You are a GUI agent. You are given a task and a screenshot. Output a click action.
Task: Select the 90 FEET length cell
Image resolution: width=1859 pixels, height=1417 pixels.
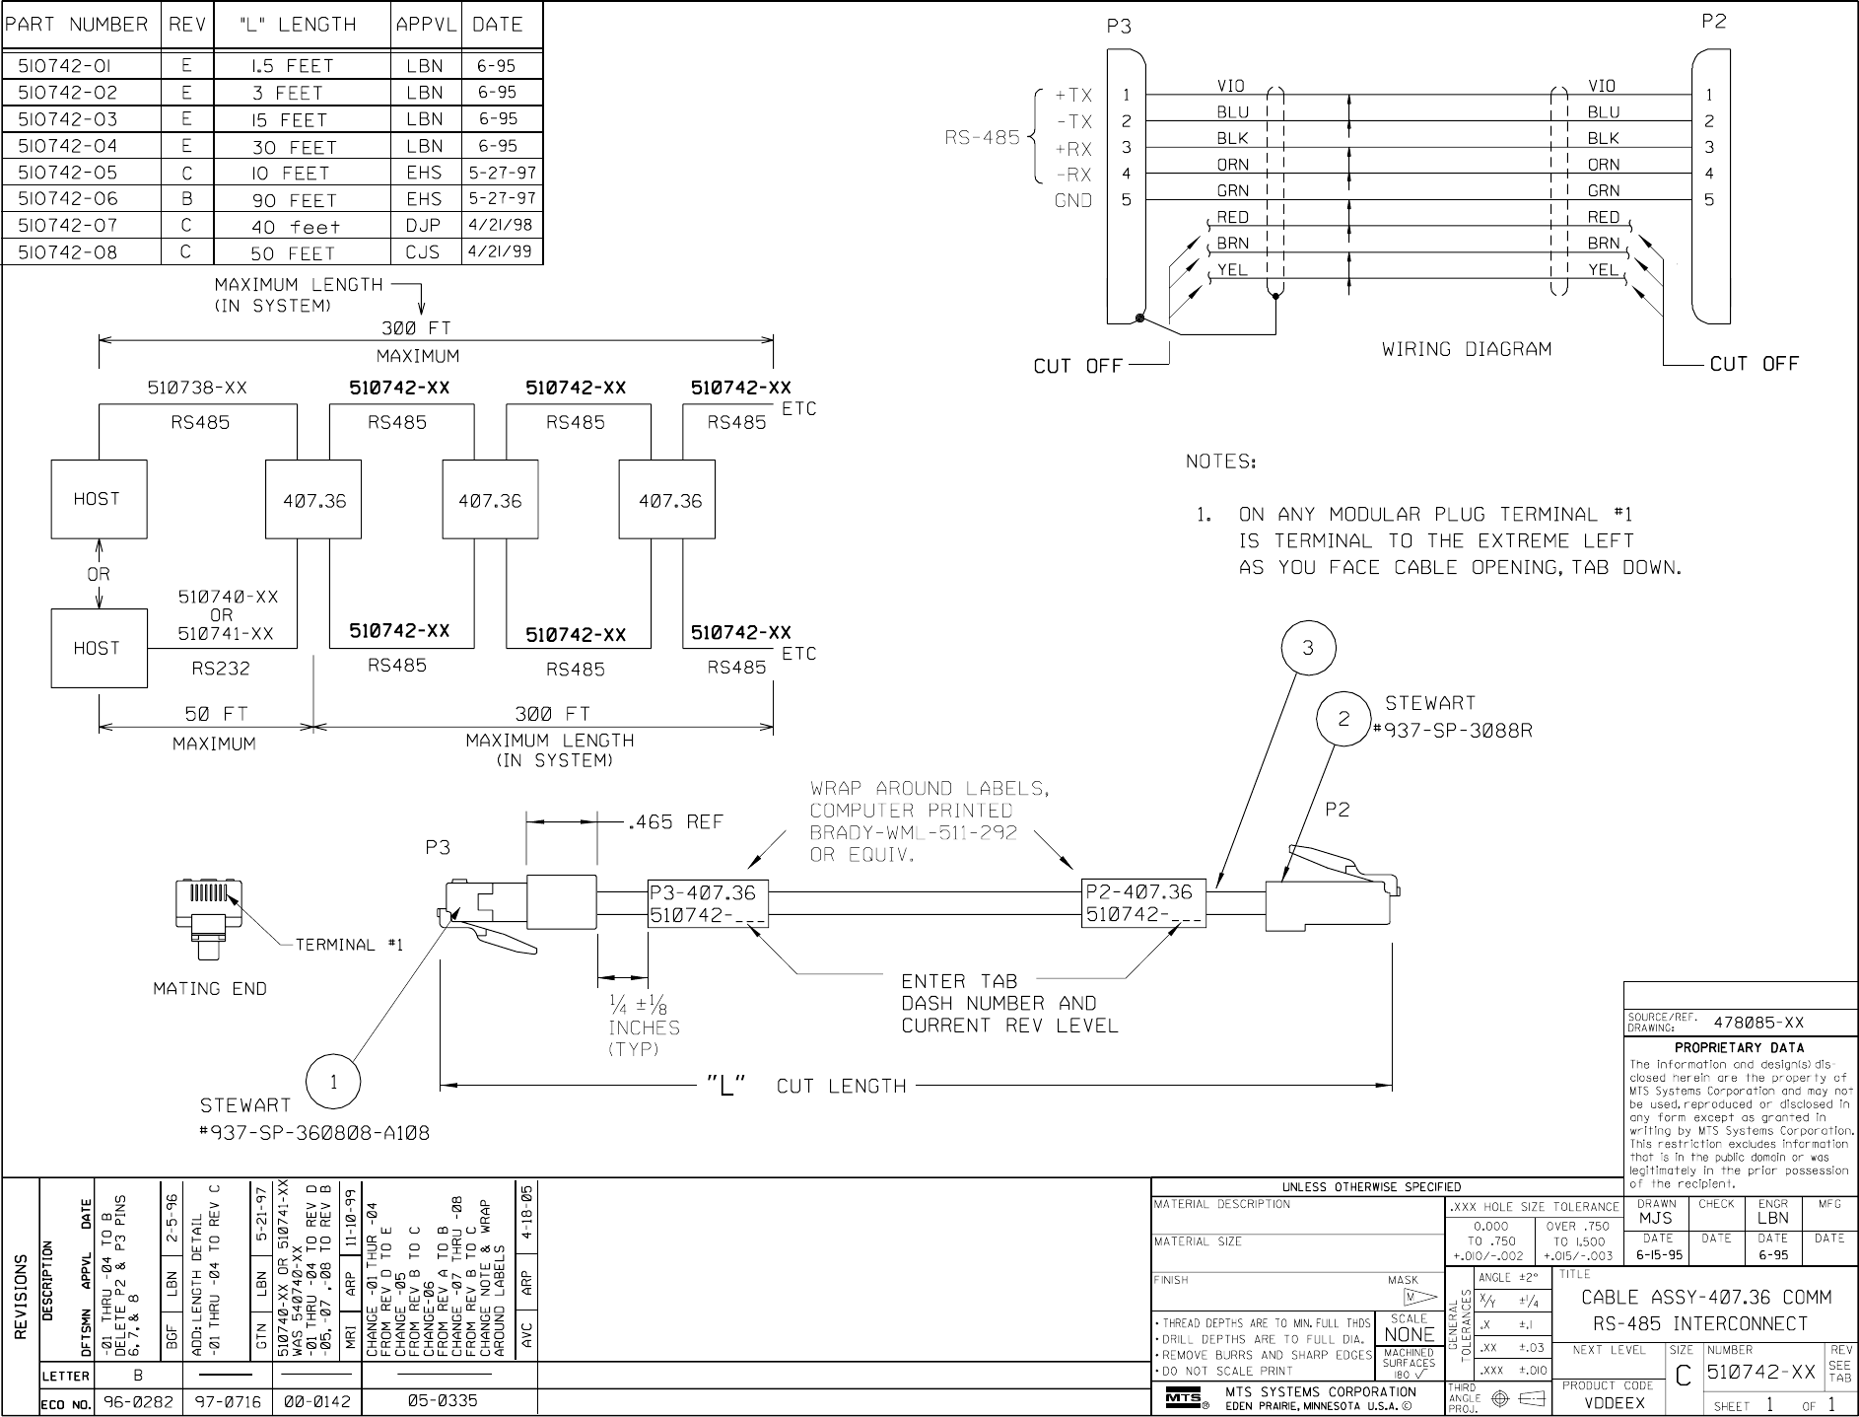(x=294, y=200)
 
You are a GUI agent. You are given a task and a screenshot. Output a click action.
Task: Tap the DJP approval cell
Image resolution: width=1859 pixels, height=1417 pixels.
(x=426, y=226)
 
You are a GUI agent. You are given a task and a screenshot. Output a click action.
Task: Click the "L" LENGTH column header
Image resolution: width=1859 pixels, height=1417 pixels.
(x=302, y=25)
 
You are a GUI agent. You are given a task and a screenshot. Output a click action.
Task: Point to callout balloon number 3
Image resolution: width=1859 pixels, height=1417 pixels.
(x=1307, y=648)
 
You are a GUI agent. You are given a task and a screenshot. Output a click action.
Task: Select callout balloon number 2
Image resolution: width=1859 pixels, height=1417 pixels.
(x=1343, y=720)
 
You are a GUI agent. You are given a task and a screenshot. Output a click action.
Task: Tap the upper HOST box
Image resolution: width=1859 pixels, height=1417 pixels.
(x=100, y=499)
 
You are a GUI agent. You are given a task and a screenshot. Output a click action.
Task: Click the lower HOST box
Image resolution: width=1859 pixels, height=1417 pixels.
(x=100, y=648)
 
